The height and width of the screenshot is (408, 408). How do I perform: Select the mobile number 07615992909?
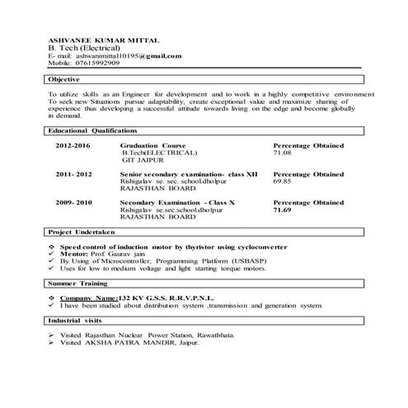point(95,63)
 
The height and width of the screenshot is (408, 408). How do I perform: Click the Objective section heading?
point(64,79)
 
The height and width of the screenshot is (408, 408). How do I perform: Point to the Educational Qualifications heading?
point(92,130)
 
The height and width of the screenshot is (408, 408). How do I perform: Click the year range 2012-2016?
point(73,145)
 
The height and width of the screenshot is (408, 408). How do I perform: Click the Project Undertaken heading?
point(84,232)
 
